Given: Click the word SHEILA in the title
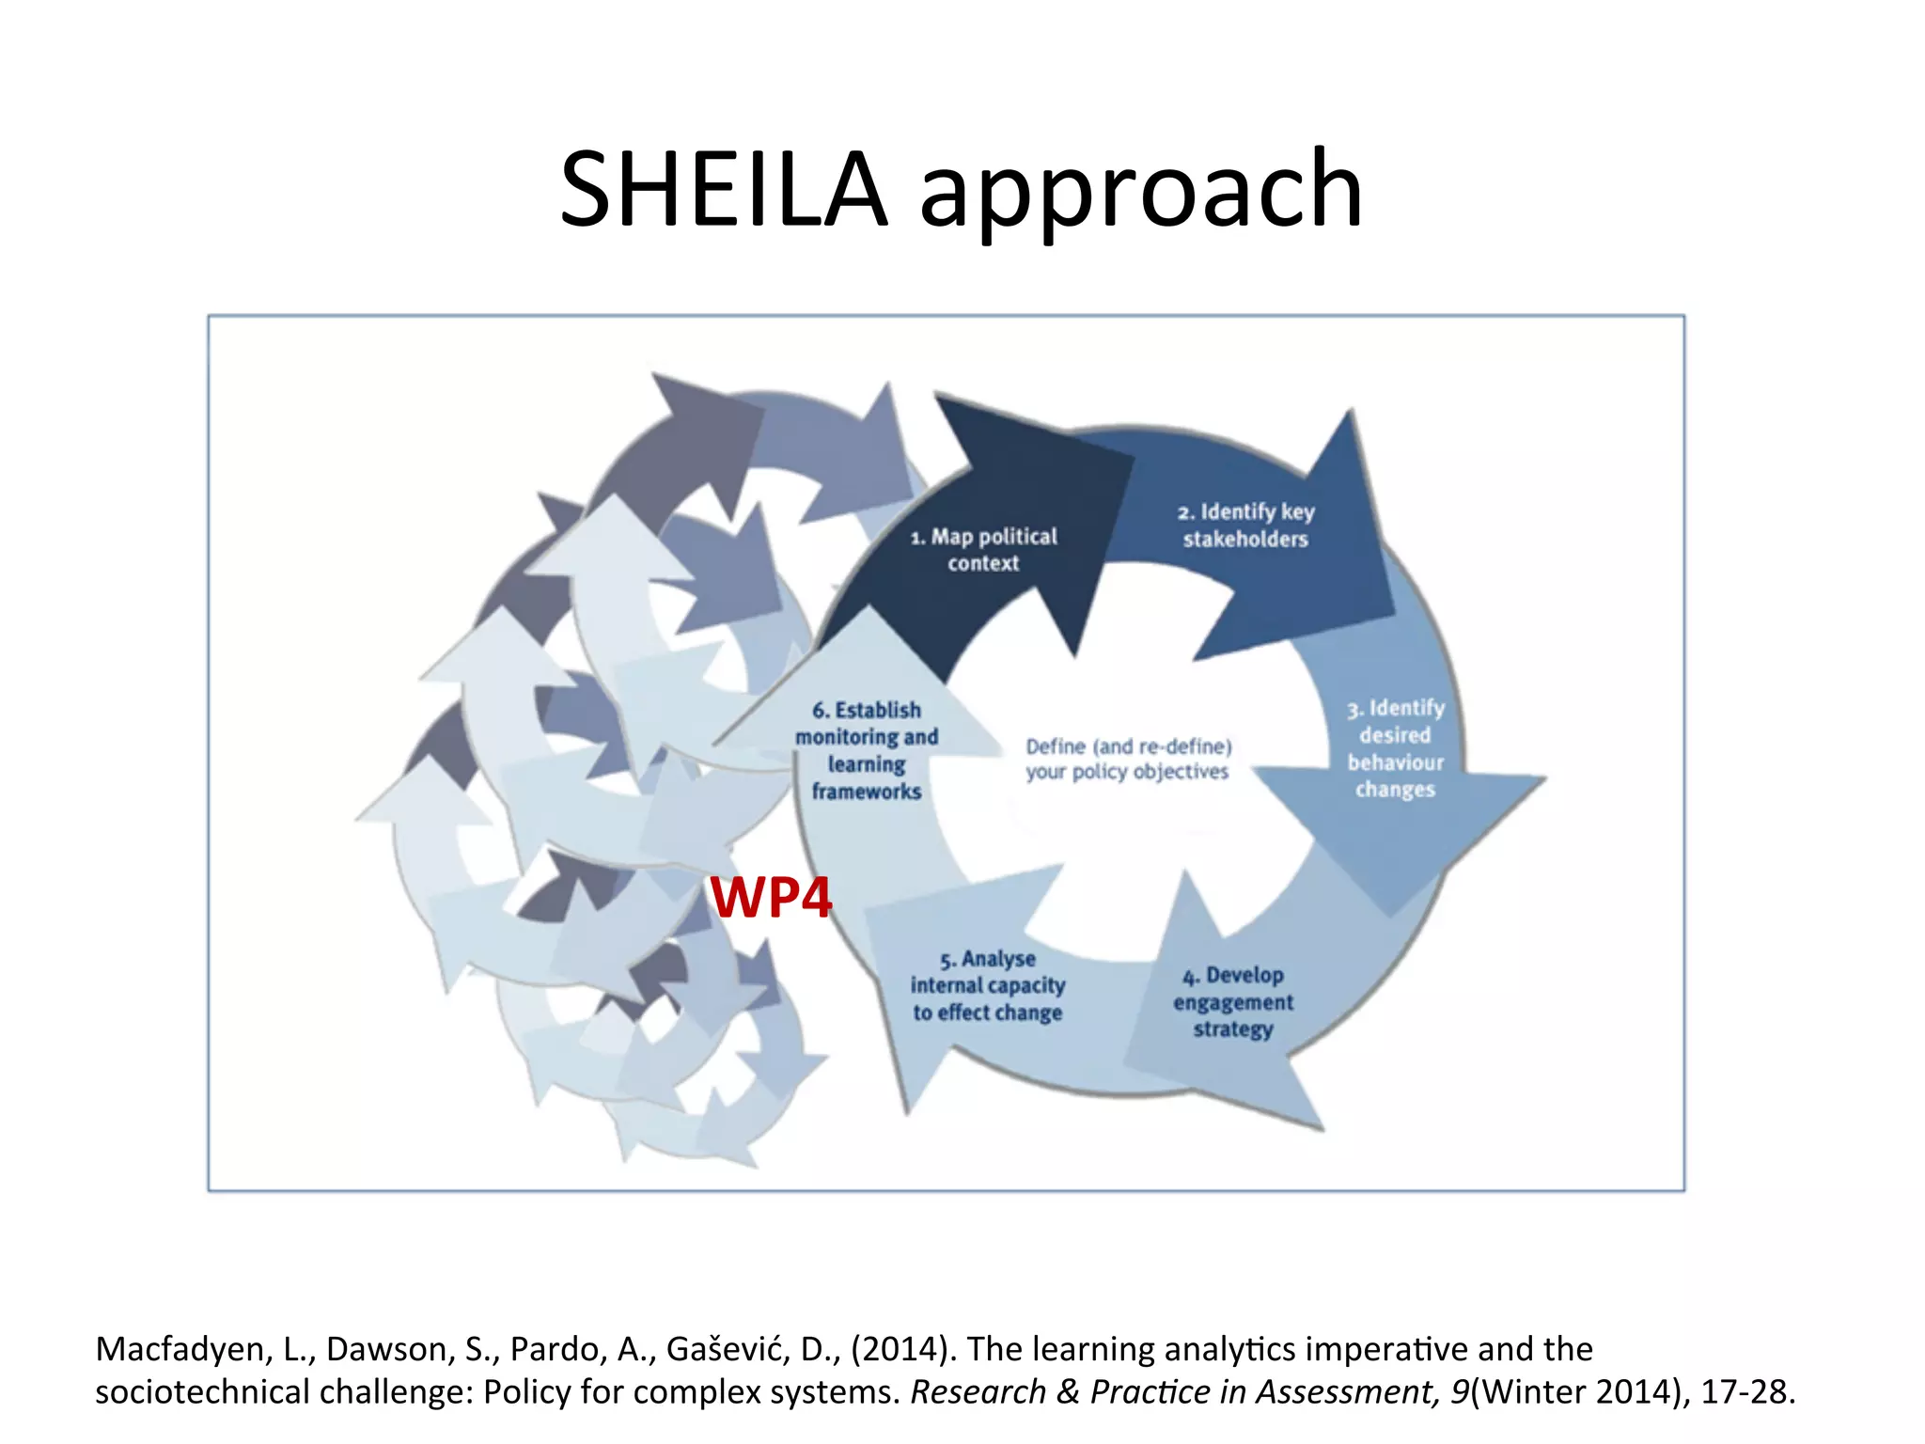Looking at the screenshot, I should click(724, 191).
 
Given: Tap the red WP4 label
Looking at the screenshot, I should click(771, 897).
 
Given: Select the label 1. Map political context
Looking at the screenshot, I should click(983, 549).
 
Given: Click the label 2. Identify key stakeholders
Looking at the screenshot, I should click(1245, 525).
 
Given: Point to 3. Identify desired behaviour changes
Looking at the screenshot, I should click(1395, 748).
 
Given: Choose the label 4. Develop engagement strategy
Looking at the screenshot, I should click(1233, 1002).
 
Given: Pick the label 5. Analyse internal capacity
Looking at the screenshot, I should click(987, 985).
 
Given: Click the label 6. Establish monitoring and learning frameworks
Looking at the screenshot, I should click(867, 750).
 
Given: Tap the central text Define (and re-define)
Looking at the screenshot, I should click(1128, 746).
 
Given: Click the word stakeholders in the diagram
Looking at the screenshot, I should click(1245, 539).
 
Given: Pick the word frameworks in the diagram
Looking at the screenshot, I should click(867, 792).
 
